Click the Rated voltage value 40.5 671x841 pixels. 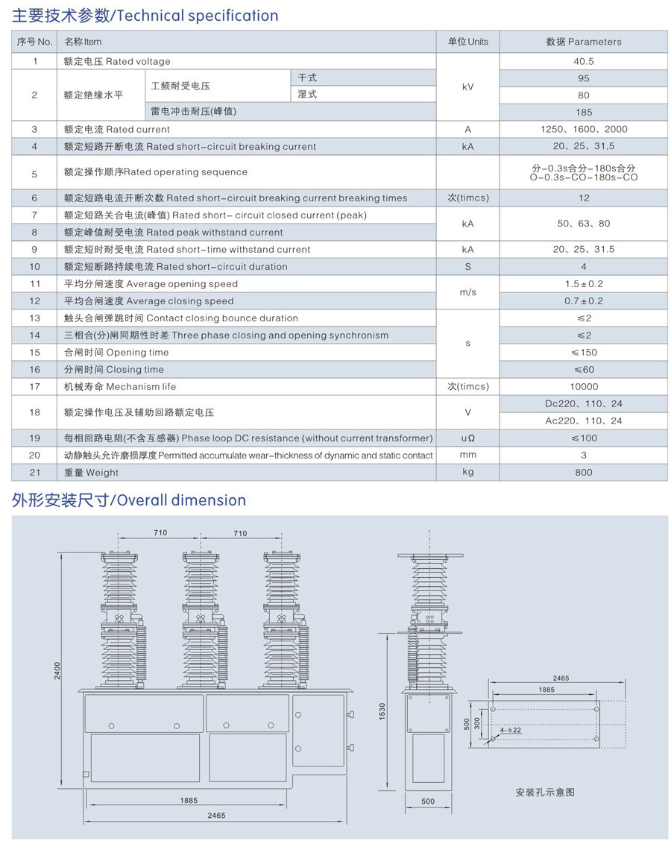(x=584, y=61)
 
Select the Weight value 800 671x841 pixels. (x=584, y=472)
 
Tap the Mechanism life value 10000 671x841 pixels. (x=584, y=386)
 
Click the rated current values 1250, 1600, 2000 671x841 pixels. (x=584, y=129)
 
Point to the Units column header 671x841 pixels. (x=467, y=42)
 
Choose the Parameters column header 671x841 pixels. (x=584, y=42)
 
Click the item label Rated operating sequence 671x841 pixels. (x=156, y=172)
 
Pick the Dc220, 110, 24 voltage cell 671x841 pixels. (x=584, y=403)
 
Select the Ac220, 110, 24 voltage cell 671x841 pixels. (x=584, y=420)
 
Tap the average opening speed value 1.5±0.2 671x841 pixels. (x=584, y=284)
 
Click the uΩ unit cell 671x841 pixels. (x=467, y=438)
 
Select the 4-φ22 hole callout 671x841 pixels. (x=511, y=729)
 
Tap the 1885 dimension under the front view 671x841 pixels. (x=188, y=800)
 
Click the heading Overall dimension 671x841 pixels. (x=129, y=500)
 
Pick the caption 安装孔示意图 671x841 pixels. (x=544, y=792)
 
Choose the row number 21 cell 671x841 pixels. (x=35, y=472)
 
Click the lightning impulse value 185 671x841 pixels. (x=584, y=112)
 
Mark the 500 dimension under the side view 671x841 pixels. (x=427, y=801)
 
